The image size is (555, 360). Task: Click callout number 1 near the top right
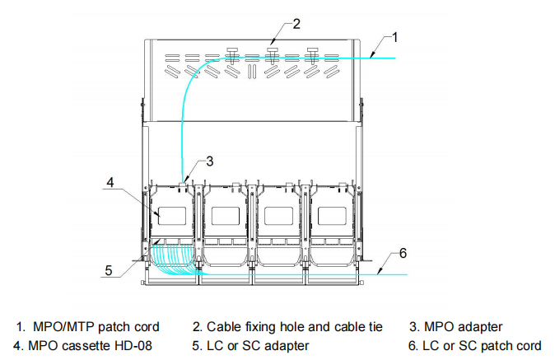396,36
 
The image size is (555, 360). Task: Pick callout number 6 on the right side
402,253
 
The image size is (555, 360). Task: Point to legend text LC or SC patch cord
480,345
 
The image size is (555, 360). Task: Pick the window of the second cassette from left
225,215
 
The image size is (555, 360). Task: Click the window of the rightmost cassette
331,215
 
